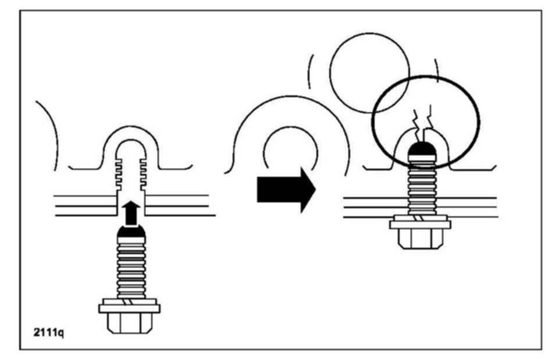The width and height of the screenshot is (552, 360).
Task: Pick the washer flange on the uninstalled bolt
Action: coord(129,306)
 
